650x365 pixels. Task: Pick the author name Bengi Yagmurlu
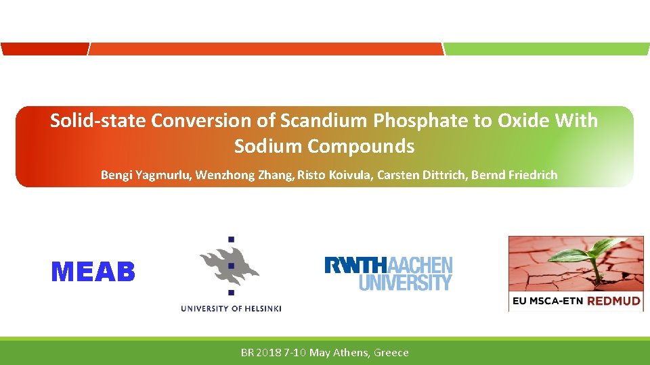[146, 175]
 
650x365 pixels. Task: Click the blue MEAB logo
[93, 272]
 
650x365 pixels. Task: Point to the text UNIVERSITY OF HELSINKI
[231, 309]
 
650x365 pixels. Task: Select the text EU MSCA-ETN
[547, 301]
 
